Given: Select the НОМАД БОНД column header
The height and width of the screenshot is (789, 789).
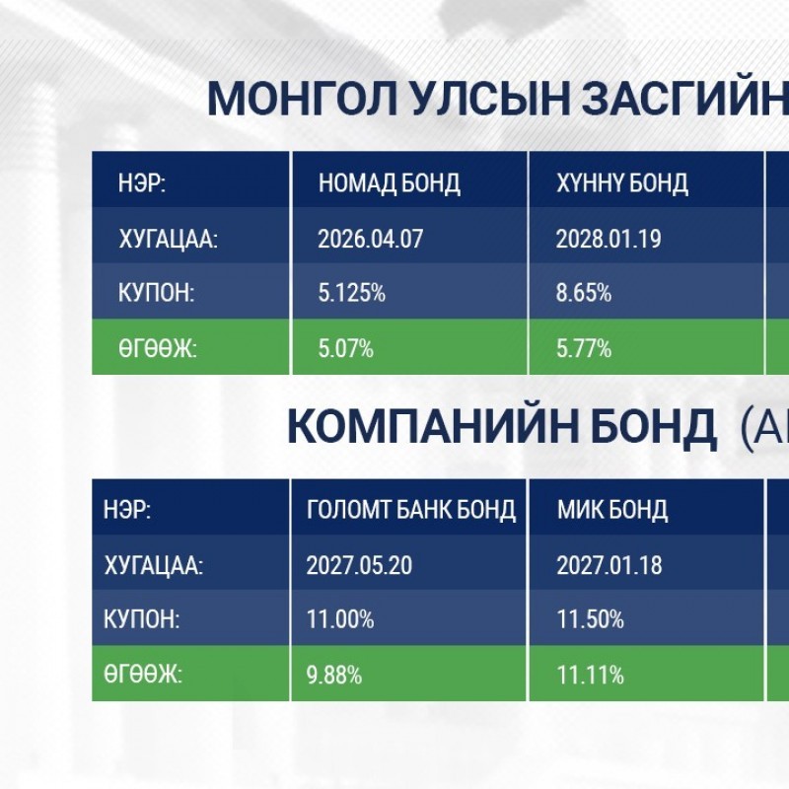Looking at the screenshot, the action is point(389,183).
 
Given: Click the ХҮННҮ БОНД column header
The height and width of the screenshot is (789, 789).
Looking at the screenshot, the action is point(622,183).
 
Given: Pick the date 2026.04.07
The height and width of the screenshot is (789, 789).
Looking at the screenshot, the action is point(371,239).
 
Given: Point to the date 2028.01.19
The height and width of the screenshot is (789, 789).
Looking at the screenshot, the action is point(609,239).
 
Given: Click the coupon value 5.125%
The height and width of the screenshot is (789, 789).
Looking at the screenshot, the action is point(352,292).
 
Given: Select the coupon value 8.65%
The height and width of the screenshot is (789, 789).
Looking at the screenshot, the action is point(584,292).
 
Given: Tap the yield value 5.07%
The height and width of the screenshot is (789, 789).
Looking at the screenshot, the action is point(346,348).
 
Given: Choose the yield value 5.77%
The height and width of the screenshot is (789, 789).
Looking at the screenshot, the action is point(584,348).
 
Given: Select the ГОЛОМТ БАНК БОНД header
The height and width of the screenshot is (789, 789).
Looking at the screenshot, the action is point(411,510).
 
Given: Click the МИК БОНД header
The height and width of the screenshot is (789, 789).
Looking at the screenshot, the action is point(612,510).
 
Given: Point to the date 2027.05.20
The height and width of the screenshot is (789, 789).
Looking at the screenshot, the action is point(359,565).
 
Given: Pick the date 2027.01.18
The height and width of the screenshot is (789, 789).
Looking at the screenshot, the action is point(610,565).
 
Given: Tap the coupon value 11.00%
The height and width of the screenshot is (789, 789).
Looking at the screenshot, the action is point(340,619).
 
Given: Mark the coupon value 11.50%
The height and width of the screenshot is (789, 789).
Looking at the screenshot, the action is point(590,619).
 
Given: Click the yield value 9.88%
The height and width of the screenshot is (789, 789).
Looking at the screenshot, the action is point(334,675).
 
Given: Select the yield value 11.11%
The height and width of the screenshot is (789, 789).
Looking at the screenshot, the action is point(590,675).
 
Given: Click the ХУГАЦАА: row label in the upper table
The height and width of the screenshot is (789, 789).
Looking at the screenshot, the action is point(168,239).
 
